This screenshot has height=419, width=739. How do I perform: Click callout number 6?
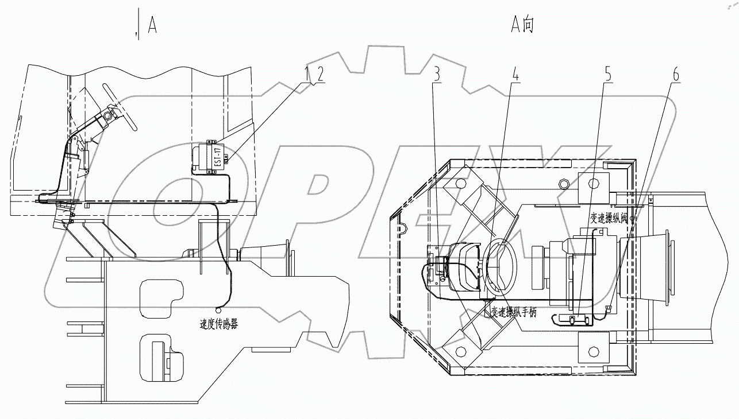pos(676,73)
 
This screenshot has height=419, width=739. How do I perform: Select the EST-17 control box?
pos(209,156)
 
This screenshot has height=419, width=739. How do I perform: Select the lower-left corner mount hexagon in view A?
pos(460,350)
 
